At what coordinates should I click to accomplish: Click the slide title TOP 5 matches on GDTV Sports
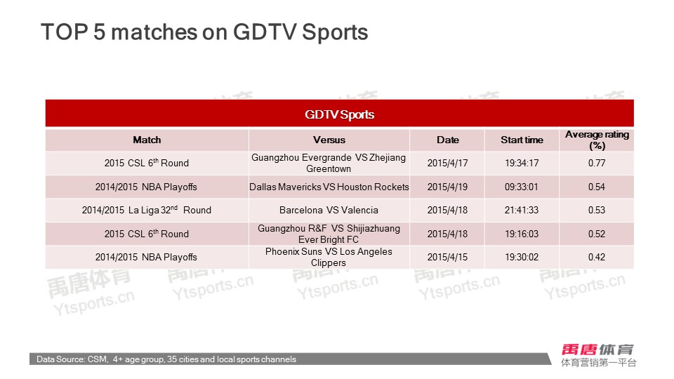204,32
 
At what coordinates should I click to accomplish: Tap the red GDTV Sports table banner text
340,114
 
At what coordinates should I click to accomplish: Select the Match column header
147,140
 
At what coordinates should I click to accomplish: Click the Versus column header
329,140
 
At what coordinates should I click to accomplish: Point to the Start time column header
522,140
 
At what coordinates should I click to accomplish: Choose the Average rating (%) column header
597,140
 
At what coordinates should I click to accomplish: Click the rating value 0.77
597,163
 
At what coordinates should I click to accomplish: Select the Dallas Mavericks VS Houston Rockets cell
329,187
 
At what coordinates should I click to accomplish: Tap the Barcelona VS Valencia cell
329,210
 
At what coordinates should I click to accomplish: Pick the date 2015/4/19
447,187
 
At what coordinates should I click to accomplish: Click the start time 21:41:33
522,210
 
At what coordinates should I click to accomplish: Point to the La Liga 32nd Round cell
147,210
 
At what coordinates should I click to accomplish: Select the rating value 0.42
597,257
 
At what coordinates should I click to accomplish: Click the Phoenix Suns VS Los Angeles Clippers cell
329,257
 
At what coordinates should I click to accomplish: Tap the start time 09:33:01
522,187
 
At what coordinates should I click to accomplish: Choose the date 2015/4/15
447,257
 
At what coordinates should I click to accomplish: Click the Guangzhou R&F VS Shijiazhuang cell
329,234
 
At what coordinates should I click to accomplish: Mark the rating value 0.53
597,210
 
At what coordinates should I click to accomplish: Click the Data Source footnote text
166,359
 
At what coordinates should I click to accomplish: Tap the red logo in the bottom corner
597,350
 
